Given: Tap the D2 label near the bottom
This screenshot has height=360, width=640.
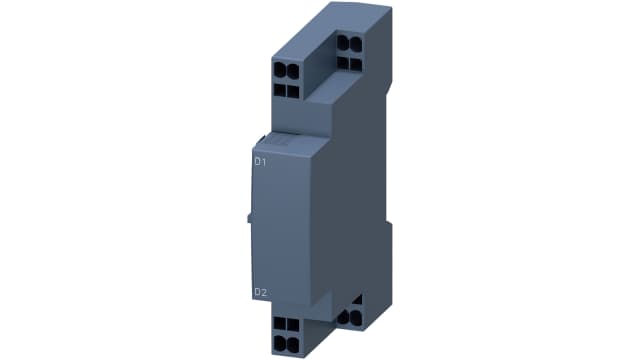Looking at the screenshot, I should point(259,292).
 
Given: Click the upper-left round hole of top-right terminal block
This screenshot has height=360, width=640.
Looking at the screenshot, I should point(343,44).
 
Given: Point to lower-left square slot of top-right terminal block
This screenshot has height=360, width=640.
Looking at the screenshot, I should point(343,61).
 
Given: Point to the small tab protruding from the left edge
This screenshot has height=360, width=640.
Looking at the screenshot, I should point(246,219).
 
